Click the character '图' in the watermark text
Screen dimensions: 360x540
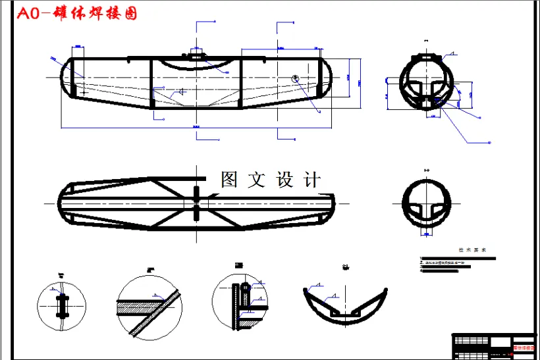[229, 180]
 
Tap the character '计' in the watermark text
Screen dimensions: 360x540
[313, 180]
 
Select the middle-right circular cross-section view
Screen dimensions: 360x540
[427, 203]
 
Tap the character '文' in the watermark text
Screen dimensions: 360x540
[257, 180]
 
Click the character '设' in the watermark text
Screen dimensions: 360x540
[285, 180]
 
